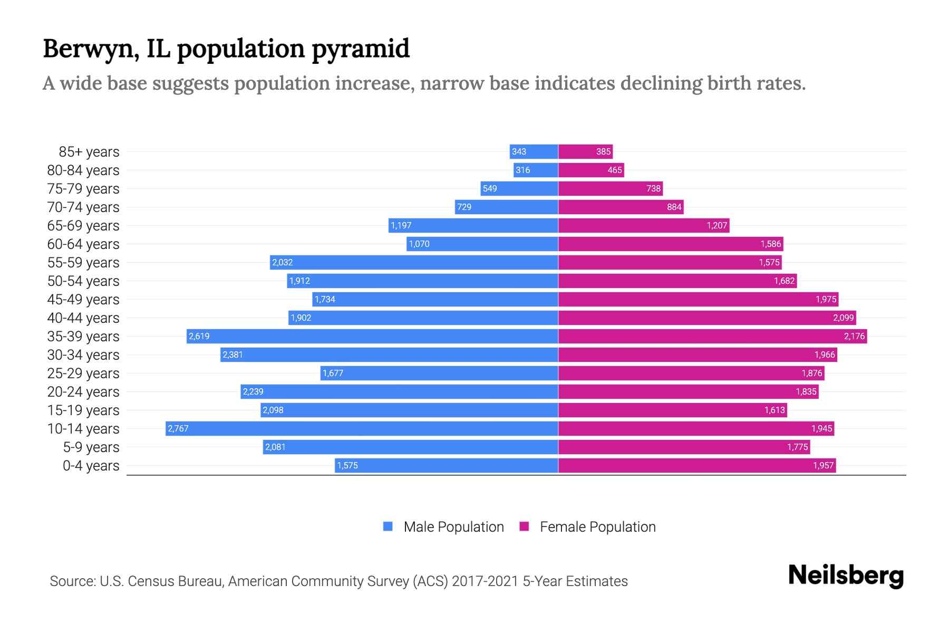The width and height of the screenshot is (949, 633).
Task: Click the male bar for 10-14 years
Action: coord(362,428)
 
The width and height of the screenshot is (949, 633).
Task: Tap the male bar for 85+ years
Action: coord(534,151)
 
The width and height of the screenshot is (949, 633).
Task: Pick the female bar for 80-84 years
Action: coord(590,170)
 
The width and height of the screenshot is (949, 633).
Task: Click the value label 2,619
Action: coord(199,336)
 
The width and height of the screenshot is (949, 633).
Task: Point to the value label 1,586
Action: coord(771,244)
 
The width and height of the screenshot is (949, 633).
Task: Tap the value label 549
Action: coord(490,188)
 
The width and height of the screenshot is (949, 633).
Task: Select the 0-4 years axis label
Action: coord(91,466)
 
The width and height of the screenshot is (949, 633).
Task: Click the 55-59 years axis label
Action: coord(83,263)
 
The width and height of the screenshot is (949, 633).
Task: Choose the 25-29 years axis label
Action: coord(83,373)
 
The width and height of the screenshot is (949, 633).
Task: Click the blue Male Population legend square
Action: coord(388,526)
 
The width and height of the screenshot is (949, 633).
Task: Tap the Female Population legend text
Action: coord(597,526)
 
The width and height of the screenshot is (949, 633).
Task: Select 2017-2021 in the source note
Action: coord(485,581)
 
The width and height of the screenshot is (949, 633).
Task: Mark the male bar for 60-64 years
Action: coord(482,244)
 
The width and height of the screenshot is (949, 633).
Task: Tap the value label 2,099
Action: coord(843,318)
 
